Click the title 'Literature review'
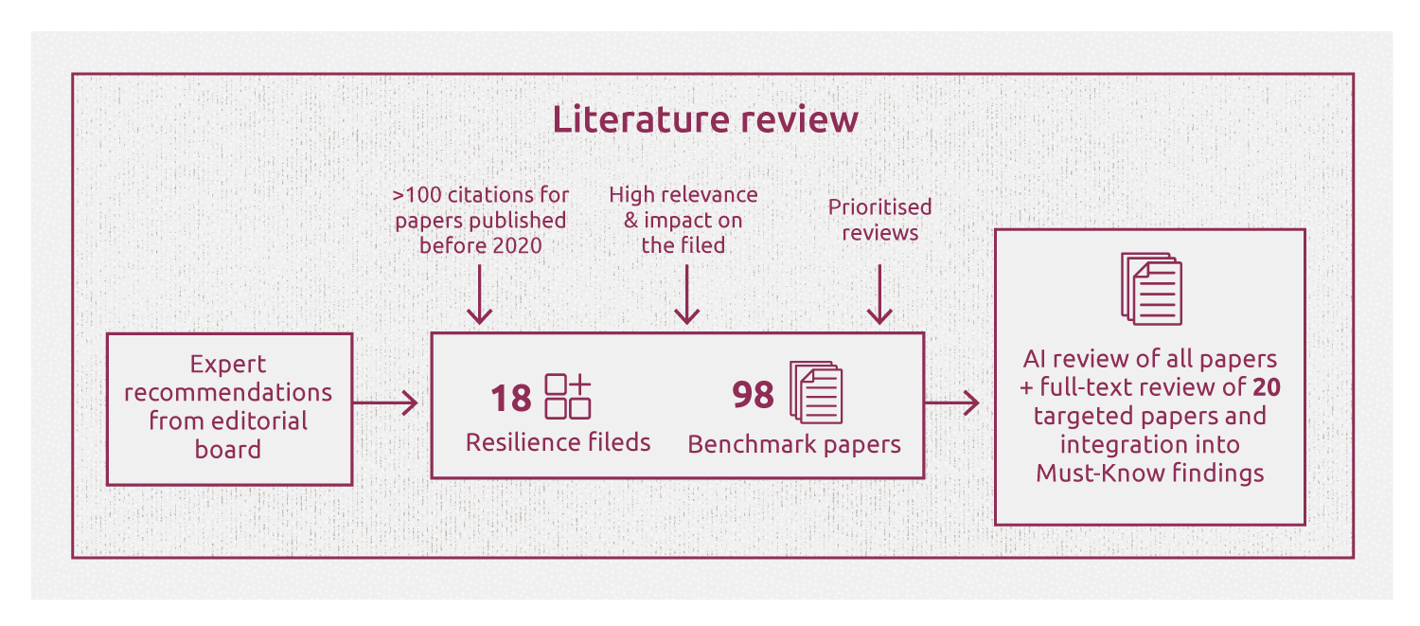pyautogui.click(x=705, y=120)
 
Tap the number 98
pyautogui.click(x=753, y=395)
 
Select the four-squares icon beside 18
pyautogui.click(x=568, y=397)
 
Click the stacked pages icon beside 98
pyautogui.click(x=815, y=392)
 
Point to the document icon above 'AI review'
pyautogui.click(x=1150, y=288)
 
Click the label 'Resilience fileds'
pyautogui.click(x=559, y=442)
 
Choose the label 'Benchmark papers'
pyautogui.click(x=794, y=444)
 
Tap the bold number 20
pyautogui.click(x=1267, y=386)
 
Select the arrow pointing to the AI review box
pyautogui.click(x=953, y=403)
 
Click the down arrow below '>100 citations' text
pyautogui.click(x=481, y=295)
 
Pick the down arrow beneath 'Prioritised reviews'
pyautogui.click(x=880, y=295)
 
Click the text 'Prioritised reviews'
pyautogui.click(x=879, y=220)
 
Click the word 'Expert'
pyautogui.click(x=228, y=365)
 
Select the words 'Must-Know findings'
pyautogui.click(x=1149, y=473)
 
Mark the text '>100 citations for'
pyautogui.click(x=481, y=195)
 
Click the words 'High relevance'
pyautogui.click(x=683, y=195)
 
